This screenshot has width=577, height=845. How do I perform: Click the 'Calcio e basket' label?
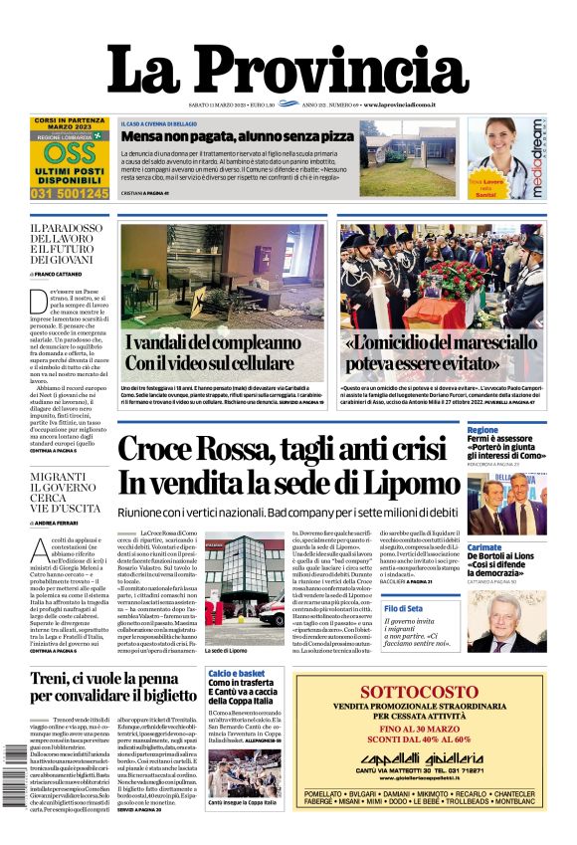click(233, 674)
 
